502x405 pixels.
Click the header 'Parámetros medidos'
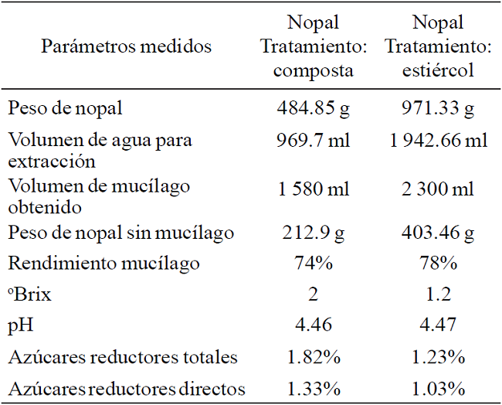pos(126,46)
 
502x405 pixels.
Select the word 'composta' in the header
pos(314,71)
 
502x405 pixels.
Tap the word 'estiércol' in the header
pos(439,71)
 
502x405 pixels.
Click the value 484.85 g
pos(314,109)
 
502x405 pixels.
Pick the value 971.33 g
pos(439,109)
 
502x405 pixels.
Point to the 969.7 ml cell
pos(314,141)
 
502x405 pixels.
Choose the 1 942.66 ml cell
pos(439,141)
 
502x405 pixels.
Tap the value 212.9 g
pos(314,233)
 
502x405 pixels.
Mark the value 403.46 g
pos(439,233)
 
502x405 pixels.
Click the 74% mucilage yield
pos(314,264)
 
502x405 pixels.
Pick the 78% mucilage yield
pos(439,264)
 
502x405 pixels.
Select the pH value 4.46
pos(314,326)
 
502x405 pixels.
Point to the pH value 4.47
pos(439,326)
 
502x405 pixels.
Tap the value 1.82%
pos(314,357)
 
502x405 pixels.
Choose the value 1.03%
pos(439,389)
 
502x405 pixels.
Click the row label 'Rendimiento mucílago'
pos(104,264)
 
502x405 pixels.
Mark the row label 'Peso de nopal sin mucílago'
pos(121,233)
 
